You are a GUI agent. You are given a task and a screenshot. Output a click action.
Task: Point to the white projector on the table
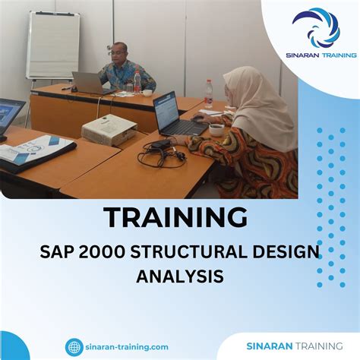109,129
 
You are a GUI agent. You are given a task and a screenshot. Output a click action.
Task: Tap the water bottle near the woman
208,93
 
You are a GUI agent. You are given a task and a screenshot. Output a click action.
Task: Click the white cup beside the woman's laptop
216,129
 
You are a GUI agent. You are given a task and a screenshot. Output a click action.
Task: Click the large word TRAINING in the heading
175,219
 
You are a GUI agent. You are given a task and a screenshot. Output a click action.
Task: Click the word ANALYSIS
180,276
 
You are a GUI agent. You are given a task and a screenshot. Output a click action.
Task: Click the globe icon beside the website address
74,346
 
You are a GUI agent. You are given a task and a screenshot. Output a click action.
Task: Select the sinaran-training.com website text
127,346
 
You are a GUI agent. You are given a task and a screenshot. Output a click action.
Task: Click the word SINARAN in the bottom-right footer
270,346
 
